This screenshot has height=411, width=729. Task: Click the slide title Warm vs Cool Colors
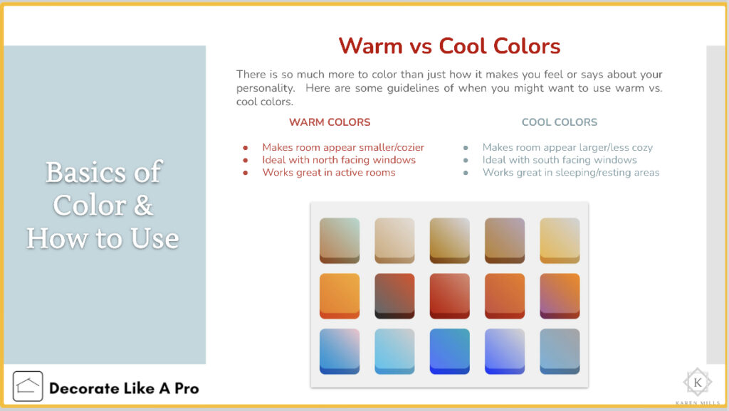(x=450, y=46)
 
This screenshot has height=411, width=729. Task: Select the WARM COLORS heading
(x=330, y=122)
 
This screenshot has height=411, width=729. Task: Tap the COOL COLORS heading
(x=560, y=122)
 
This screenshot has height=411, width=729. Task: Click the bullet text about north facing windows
(x=339, y=160)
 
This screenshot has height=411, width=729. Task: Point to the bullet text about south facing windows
(x=560, y=160)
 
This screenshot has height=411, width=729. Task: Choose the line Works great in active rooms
(x=329, y=172)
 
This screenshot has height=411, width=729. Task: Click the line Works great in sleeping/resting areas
(x=571, y=172)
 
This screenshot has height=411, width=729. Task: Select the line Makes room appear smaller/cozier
(x=343, y=147)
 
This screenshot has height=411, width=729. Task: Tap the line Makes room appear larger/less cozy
(x=567, y=147)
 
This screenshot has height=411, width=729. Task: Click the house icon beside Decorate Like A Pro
(x=28, y=386)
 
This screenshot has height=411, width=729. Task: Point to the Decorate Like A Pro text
(x=124, y=388)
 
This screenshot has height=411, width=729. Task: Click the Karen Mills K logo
(x=698, y=383)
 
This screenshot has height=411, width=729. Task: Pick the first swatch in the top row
(x=340, y=240)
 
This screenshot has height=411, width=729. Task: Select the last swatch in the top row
(x=560, y=240)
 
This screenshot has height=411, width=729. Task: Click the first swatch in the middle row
(x=340, y=296)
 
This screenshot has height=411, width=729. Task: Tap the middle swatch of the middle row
(x=450, y=296)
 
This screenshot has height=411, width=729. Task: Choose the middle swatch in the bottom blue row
(x=450, y=351)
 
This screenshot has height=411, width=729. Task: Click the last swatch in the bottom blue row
(x=560, y=351)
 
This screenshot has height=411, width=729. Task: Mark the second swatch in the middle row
(x=394, y=296)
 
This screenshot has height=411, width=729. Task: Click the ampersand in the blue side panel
(x=143, y=205)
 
